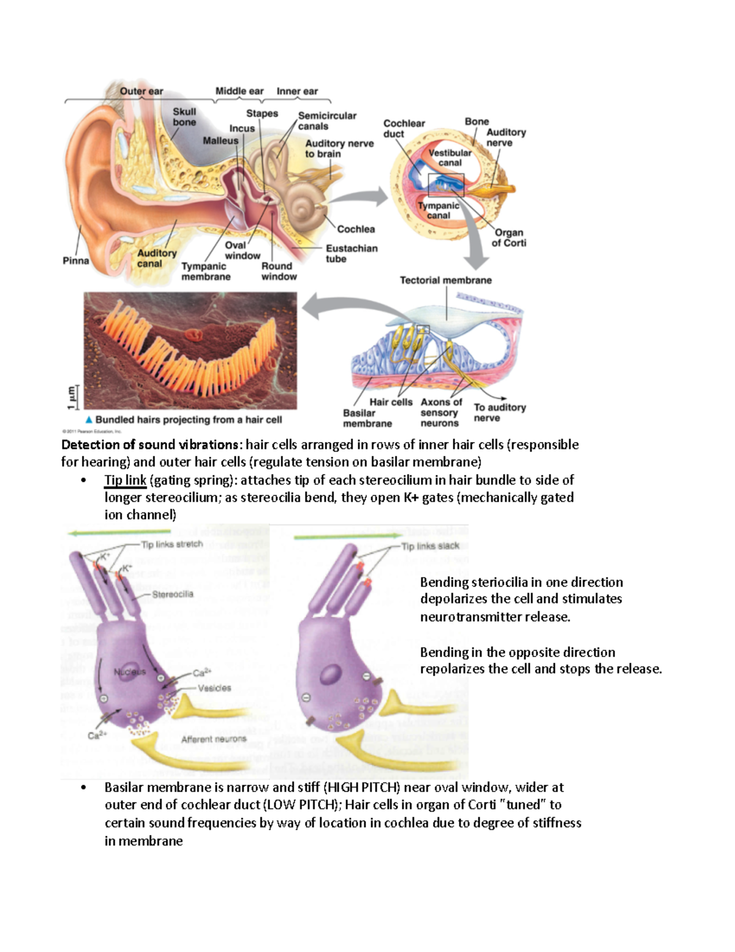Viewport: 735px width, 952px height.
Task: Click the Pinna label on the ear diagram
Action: tap(76, 261)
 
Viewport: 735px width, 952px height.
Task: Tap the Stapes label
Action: tap(262, 113)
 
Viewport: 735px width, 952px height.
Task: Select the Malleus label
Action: tap(221, 140)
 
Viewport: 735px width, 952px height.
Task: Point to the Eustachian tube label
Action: tap(351, 253)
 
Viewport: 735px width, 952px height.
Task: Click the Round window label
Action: tap(279, 271)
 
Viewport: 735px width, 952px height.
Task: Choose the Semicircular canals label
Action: tap(326, 121)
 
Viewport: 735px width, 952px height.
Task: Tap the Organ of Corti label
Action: tap(508, 237)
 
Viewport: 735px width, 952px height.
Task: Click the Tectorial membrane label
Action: tap(445, 280)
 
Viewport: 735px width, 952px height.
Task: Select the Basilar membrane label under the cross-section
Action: tap(366, 418)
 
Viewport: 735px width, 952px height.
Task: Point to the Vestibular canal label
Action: tap(450, 158)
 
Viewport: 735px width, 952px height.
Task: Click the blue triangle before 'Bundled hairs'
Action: tap(89, 420)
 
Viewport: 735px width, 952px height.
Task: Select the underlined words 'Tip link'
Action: tap(125, 480)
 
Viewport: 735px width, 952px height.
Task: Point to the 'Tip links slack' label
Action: tap(430, 546)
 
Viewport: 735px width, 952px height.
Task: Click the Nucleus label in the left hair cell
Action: tap(130, 672)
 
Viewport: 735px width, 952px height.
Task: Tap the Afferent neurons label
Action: tap(214, 739)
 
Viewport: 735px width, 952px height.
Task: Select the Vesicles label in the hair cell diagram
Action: tap(214, 688)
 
